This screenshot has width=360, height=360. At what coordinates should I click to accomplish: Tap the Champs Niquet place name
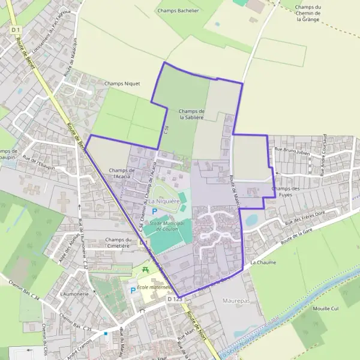122,84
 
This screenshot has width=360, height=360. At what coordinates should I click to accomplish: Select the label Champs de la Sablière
192,115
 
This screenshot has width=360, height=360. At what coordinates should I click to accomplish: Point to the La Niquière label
165,202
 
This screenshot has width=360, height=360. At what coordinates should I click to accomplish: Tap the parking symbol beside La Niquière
154,212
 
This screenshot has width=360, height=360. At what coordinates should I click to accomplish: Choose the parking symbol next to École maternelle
133,290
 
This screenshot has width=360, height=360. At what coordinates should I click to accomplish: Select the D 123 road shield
174,299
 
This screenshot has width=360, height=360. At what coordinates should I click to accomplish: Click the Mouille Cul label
326,308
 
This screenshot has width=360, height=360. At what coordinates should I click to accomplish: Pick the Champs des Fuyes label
285,191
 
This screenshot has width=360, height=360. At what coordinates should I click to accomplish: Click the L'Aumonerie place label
74,294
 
